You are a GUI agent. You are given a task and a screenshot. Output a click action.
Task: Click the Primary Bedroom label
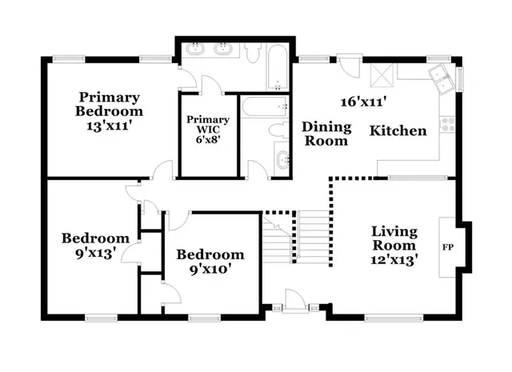[x=110, y=104]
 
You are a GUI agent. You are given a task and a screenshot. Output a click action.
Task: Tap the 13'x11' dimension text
[x=110, y=125]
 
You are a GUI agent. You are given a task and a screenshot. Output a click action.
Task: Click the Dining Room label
[x=326, y=134]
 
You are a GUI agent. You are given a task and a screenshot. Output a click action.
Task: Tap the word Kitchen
[x=398, y=130]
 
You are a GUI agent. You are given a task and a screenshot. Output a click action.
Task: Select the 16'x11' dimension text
[x=364, y=102]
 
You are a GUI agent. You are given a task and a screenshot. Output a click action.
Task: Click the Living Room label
[x=394, y=238]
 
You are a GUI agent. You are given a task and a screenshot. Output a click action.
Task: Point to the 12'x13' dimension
[x=394, y=259]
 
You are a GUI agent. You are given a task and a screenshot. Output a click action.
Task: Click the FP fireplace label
[x=446, y=246]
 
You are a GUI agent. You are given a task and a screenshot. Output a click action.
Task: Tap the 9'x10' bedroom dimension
[x=210, y=270]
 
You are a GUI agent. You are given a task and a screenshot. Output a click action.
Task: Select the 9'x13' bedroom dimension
[x=94, y=252]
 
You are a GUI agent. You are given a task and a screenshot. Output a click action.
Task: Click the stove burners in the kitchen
[x=447, y=124]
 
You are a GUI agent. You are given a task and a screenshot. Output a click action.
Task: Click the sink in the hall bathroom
[x=281, y=160]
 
